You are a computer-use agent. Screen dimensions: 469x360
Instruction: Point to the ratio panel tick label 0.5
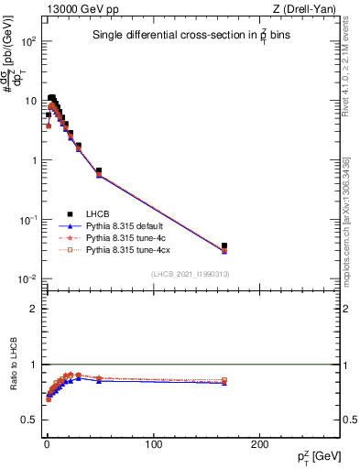pyautogui.click(x=31, y=420)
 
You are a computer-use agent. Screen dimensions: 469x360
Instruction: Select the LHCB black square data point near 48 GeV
pyautogui.click(x=98, y=170)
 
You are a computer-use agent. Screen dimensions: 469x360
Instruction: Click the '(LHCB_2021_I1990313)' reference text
pyautogui.click(x=191, y=275)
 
